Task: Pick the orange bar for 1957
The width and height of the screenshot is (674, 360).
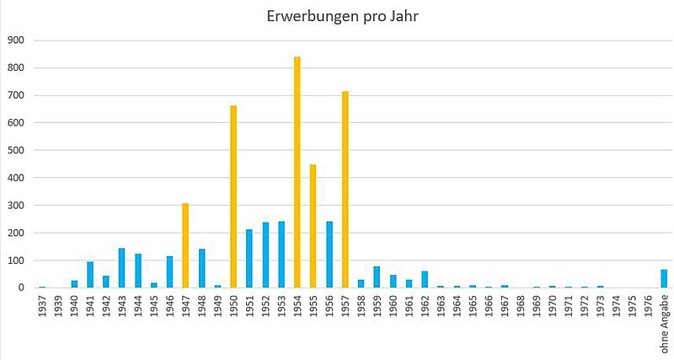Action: point(345,190)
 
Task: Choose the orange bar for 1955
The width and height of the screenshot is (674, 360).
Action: point(313,226)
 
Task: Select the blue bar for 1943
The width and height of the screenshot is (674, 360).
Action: point(121,268)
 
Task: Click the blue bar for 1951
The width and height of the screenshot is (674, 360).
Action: point(249,258)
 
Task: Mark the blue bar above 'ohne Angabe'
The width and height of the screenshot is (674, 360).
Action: point(664,278)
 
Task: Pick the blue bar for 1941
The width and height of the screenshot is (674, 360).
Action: point(90,275)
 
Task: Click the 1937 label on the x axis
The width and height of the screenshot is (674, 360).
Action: point(42,306)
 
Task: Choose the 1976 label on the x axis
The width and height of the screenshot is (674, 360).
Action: point(648,306)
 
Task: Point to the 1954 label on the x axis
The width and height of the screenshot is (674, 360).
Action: point(297,306)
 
